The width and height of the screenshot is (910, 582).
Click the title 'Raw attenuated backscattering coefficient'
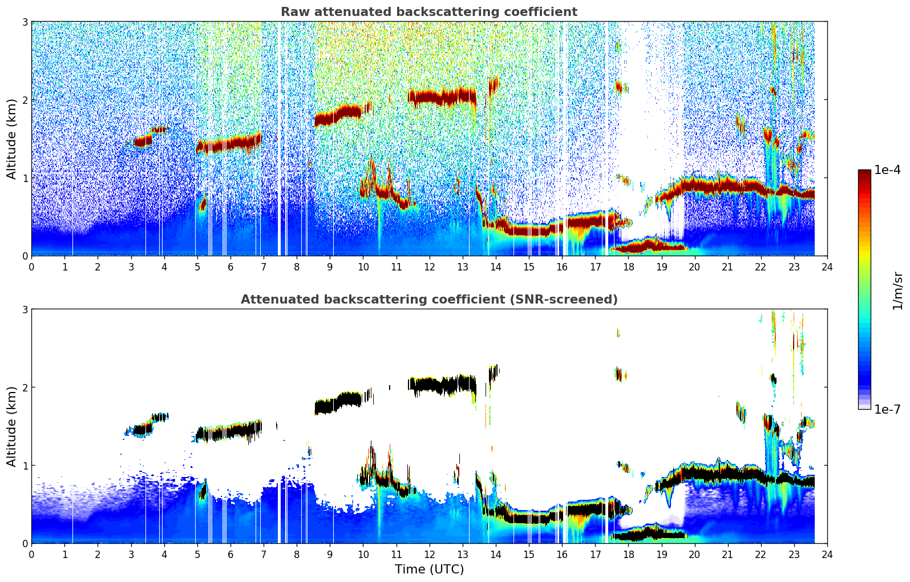428,12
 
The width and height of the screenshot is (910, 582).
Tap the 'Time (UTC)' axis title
429,569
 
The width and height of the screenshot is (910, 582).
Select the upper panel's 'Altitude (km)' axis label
11,139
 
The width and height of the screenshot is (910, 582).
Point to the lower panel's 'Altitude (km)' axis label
11,426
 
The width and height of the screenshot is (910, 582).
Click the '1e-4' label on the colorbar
887,170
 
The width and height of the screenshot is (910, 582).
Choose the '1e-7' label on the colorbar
887,409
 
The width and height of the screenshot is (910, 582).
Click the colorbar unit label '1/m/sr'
897,291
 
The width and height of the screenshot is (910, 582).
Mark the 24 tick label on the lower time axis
827,555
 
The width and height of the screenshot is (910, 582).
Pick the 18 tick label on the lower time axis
628,555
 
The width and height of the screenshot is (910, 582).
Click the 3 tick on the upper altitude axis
25,22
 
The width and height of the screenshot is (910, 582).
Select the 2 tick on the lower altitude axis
25,387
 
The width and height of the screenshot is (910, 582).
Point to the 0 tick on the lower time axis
31,555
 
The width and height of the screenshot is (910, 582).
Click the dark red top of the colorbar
864,174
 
